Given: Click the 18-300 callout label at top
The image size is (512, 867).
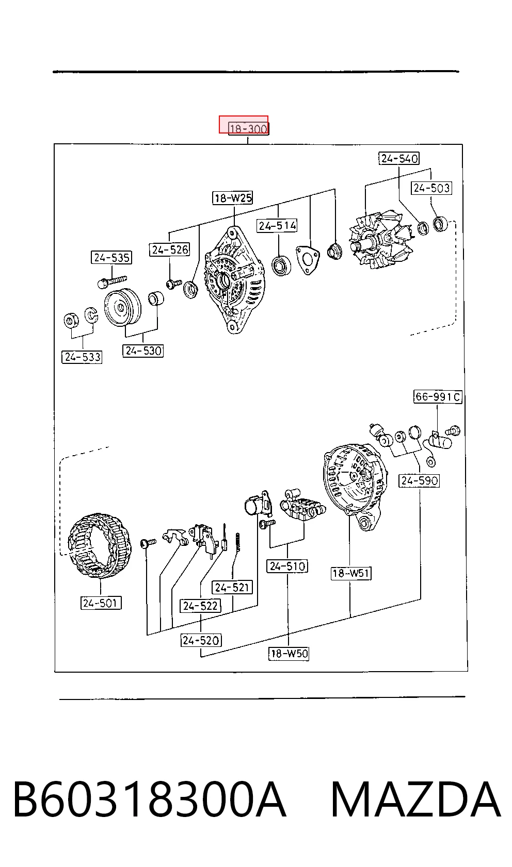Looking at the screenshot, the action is pyautogui.click(x=248, y=128).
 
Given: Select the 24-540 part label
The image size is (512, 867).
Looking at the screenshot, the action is pyautogui.click(x=399, y=158).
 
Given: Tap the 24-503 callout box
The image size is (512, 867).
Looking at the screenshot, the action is pyautogui.click(x=431, y=188).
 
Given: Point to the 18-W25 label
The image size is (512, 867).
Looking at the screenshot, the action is pyautogui.click(x=233, y=198).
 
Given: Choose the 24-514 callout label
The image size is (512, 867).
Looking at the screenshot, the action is pyautogui.click(x=277, y=226).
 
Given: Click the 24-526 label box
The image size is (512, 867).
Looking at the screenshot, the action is pyautogui.click(x=169, y=249).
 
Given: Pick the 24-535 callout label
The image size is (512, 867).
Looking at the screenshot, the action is pyautogui.click(x=111, y=257).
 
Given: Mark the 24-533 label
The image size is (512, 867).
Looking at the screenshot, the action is pyautogui.click(x=82, y=357).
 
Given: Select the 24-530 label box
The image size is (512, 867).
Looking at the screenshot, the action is pyautogui.click(x=143, y=351).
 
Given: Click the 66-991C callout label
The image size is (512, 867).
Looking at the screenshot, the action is pyautogui.click(x=438, y=397).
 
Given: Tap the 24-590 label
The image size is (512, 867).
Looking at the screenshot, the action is pyautogui.click(x=420, y=481).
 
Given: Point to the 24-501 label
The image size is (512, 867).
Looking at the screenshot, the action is pyautogui.click(x=101, y=603).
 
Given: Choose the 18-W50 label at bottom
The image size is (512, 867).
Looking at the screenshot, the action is pyautogui.click(x=289, y=654).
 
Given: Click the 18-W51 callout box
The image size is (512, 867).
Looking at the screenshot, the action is pyautogui.click(x=351, y=573).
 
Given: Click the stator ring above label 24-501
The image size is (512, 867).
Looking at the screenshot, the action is pyautogui.click(x=100, y=545).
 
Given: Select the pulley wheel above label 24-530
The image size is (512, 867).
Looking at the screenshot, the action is pyautogui.click(x=122, y=308).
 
